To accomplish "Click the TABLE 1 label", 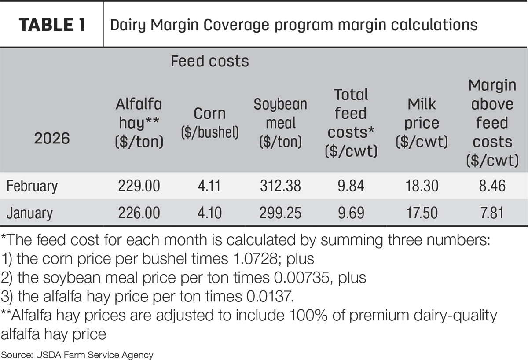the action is tap(52, 25).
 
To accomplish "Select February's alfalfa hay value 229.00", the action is tap(139, 186).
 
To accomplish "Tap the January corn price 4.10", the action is tap(209, 213).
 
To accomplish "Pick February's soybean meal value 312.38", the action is tap(280, 186).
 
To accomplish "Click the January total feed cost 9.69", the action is tap(351, 213).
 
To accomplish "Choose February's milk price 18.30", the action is tap(422, 186).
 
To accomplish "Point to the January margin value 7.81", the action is tap(492, 213).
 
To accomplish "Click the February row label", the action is tap(32, 186).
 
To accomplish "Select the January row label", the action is tap(29, 213).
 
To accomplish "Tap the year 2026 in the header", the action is tap(52, 138).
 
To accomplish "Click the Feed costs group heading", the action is tap(209, 61).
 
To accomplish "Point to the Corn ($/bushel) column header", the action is tap(209, 123).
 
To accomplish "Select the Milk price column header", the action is tap(422, 123).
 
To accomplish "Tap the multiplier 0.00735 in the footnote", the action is tap(301, 277).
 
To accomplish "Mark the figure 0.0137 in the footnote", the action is tap(268, 296).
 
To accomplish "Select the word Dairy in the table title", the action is tap(128, 25).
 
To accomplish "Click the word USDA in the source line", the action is tap(49, 355).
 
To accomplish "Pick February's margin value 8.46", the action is tap(492, 186).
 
